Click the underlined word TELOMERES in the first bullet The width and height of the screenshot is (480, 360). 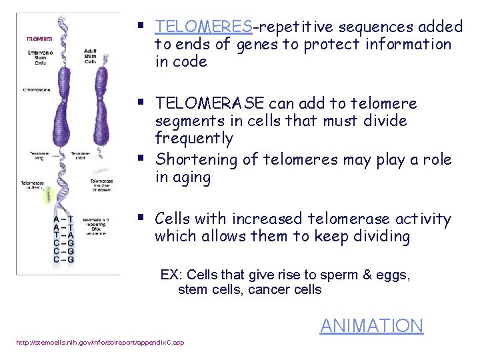[203, 27]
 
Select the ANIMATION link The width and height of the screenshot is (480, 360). [371, 325]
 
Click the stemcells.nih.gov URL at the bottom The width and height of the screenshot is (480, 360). [100, 343]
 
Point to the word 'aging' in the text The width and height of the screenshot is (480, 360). [192, 178]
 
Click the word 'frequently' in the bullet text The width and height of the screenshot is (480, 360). [194, 139]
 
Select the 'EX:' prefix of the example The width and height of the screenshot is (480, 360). [171, 275]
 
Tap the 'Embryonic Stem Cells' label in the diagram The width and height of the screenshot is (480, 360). [41, 58]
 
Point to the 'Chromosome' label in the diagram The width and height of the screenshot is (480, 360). [37, 89]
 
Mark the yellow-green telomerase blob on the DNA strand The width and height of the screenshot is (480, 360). [49, 194]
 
